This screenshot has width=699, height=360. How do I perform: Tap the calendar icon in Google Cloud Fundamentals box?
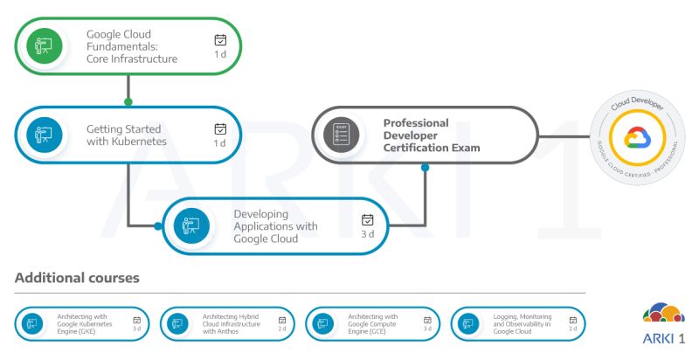pos(220,40)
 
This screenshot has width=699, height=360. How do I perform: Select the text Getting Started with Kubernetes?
pos(123,135)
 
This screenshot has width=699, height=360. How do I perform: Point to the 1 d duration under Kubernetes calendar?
pos(220,143)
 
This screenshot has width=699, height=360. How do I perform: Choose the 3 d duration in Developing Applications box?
pos(368,234)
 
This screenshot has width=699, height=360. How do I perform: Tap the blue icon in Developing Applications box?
pos(189,225)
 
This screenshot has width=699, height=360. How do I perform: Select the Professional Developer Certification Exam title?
pos(432,135)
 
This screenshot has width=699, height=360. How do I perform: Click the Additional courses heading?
pos(77,278)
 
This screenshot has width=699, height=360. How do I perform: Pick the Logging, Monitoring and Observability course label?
pos(522,324)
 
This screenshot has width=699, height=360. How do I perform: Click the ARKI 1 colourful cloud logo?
pos(663,313)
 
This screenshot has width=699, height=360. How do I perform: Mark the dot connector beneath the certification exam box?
pos(426,166)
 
